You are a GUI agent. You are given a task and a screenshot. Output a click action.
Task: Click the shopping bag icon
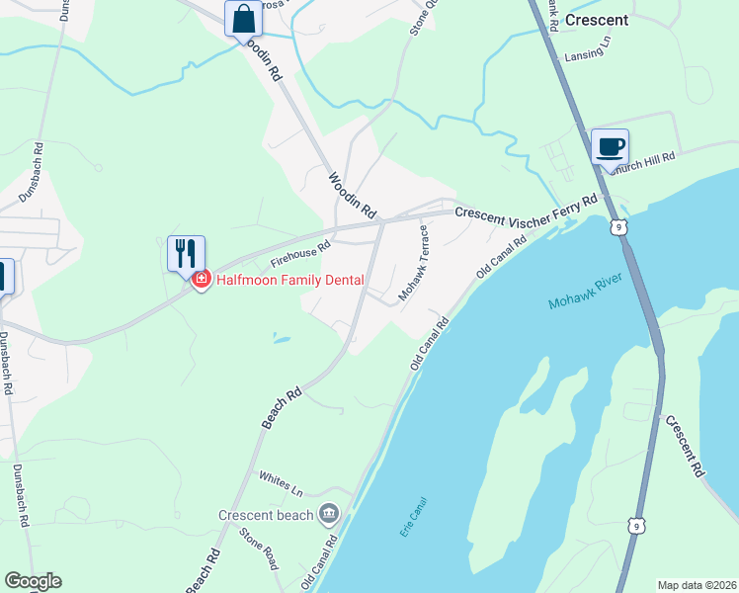[x=243, y=19]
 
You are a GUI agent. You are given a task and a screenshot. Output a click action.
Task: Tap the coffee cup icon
[x=610, y=147]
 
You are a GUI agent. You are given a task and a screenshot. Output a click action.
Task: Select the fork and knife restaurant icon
[x=186, y=254]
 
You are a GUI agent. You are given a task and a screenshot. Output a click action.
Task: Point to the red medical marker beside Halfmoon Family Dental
[x=202, y=281]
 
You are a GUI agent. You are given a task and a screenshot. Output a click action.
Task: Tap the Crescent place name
[x=597, y=19]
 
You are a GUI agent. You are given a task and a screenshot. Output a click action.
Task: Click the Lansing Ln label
[x=583, y=54]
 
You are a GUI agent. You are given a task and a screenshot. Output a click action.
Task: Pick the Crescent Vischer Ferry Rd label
[x=526, y=206]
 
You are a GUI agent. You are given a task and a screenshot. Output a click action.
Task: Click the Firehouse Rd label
[x=300, y=255]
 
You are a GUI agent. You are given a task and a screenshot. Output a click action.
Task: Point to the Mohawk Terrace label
[x=412, y=263]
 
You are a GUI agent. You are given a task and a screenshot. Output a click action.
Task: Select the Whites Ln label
[x=280, y=482]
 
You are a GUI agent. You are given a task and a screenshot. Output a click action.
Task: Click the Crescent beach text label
[x=266, y=515]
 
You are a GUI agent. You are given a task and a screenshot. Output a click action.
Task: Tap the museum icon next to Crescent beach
[x=328, y=514]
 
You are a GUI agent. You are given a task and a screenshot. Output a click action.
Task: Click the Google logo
[x=33, y=581]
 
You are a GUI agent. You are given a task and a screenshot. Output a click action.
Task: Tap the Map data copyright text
[x=696, y=584]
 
